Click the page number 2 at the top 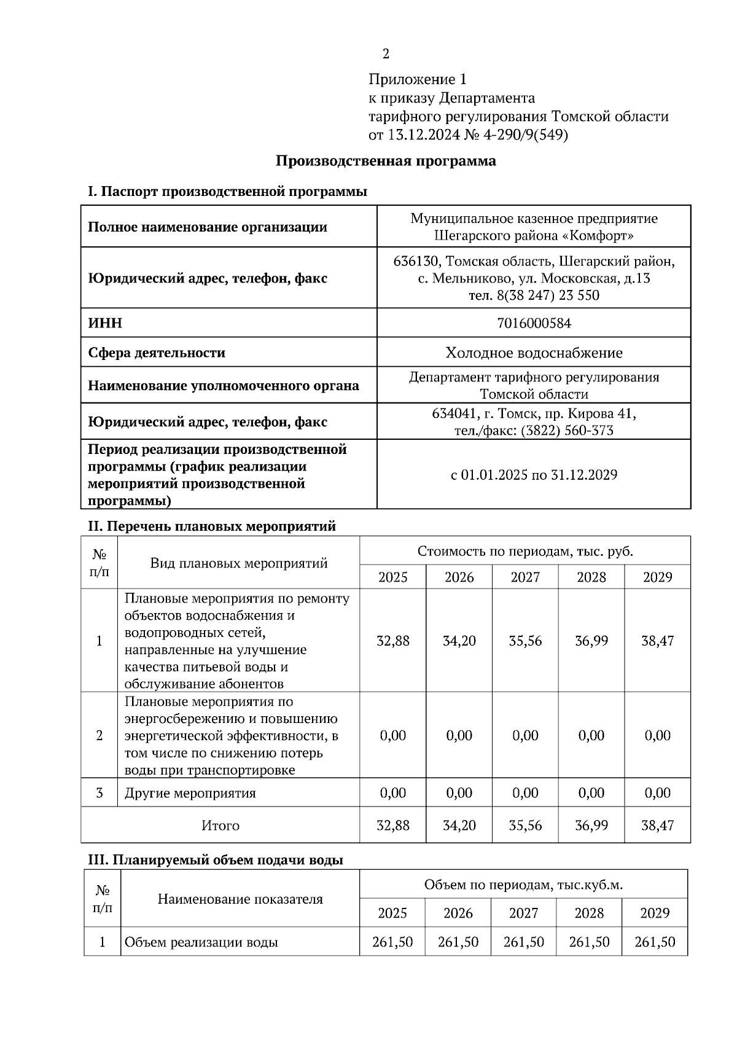tap(386, 54)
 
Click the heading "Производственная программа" tap(386, 161)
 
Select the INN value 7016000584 tap(534, 323)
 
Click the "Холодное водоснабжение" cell tap(534, 353)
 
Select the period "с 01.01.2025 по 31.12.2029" tap(534, 475)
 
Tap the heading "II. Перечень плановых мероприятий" tap(212, 526)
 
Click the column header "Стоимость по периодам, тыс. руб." tap(525, 551)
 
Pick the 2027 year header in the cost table tap(525, 577)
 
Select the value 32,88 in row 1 tap(393, 641)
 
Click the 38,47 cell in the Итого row tap(657, 825)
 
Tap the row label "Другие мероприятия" tap(190, 793)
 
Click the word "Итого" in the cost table tap(220, 825)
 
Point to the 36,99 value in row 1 tap(591, 641)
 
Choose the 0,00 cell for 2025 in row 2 tap(393, 735)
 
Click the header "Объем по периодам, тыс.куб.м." tap(523, 885)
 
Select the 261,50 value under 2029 tap(655, 942)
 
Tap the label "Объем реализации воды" tap(201, 942)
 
